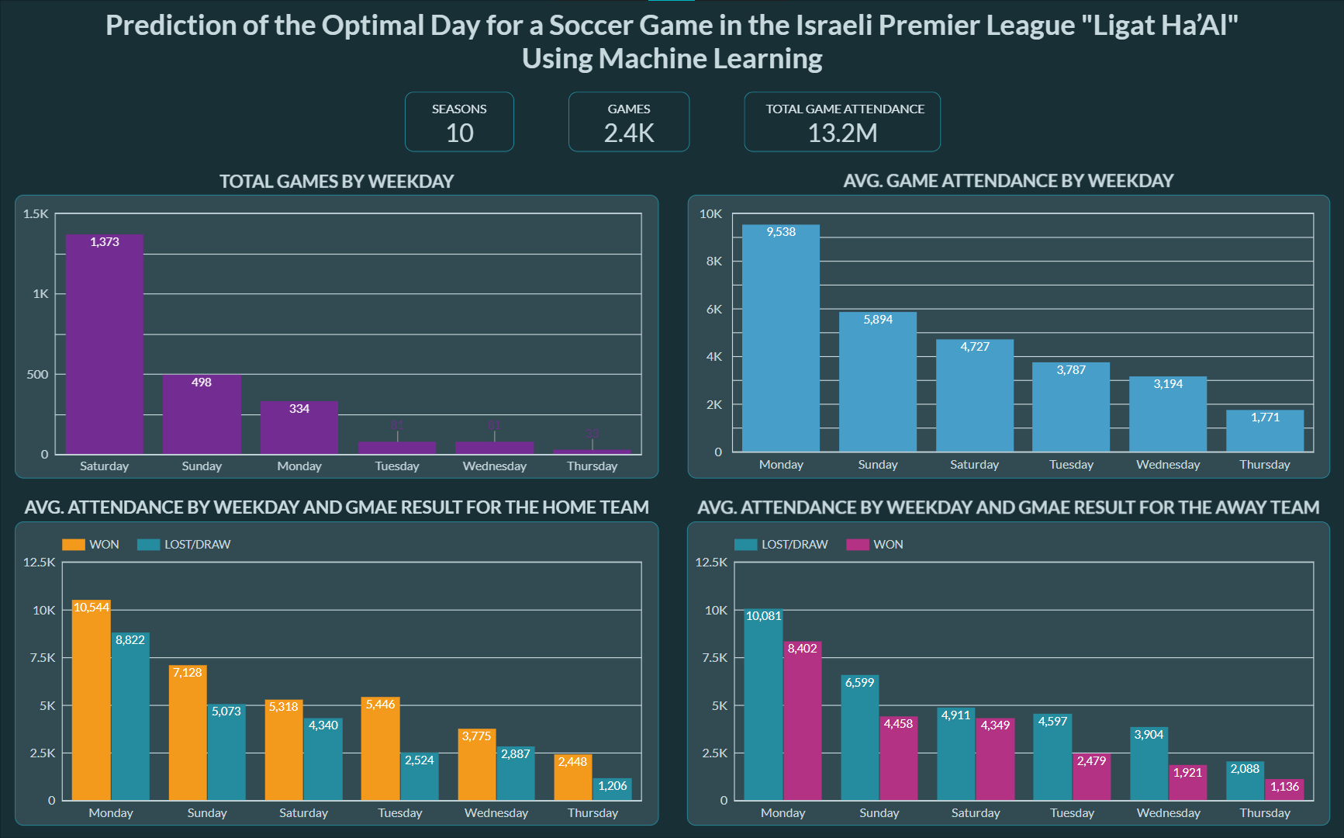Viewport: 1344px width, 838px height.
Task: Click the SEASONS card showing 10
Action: click(459, 122)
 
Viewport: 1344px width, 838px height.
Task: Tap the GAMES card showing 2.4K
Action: click(629, 122)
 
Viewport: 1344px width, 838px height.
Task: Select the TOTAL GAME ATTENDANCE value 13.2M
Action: click(842, 133)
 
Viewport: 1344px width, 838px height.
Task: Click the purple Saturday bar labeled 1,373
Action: click(105, 345)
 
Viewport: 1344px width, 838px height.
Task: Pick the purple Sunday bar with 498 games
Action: click(202, 415)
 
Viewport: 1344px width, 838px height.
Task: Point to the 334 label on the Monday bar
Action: click(299, 409)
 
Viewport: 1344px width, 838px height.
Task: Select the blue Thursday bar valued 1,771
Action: click(1265, 431)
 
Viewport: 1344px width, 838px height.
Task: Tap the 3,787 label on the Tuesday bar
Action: click(1071, 370)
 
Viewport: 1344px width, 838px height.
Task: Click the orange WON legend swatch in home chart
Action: click(74, 545)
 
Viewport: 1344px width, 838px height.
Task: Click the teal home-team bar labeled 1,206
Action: click(613, 790)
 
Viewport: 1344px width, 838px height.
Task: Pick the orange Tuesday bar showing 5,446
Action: click(380, 749)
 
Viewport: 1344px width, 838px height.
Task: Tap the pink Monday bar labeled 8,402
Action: click(802, 721)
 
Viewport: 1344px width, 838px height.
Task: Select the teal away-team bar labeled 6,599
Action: click(859, 738)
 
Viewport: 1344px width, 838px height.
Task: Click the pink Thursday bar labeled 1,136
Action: click(1284, 791)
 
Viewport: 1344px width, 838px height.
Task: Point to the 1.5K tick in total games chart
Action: click(36, 214)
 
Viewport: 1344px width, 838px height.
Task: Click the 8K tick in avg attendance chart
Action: click(714, 261)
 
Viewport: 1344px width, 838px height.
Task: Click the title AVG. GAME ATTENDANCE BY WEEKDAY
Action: click(1008, 181)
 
